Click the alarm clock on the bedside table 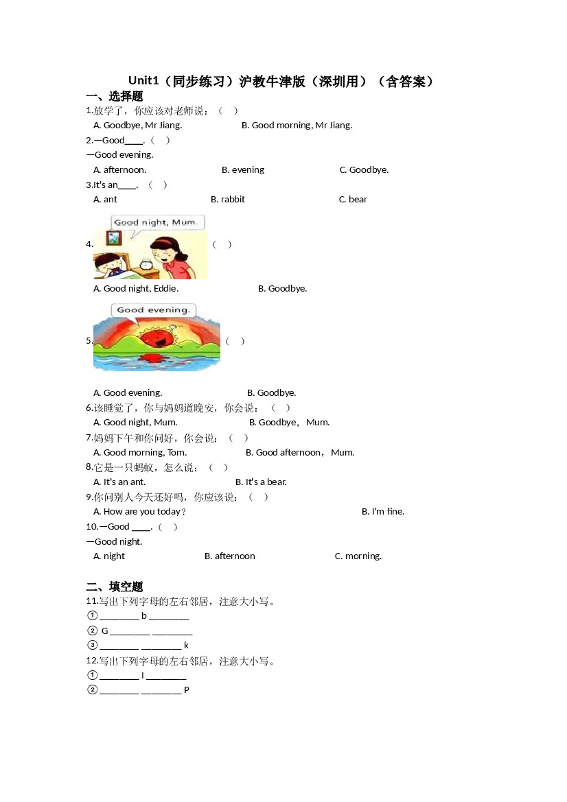(x=146, y=264)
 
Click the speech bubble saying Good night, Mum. (x=156, y=222)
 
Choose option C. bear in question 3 (x=353, y=200)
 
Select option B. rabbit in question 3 (x=228, y=200)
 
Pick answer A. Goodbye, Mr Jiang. (x=137, y=126)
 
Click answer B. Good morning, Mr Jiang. (x=297, y=126)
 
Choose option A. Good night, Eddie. (x=135, y=289)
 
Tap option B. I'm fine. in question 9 (x=383, y=512)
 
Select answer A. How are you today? (x=139, y=512)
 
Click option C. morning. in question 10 (x=358, y=556)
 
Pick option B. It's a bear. (x=261, y=482)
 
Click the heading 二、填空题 (x=115, y=587)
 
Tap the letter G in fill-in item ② (x=105, y=631)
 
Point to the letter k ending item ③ (x=186, y=646)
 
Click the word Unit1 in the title (x=143, y=82)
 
